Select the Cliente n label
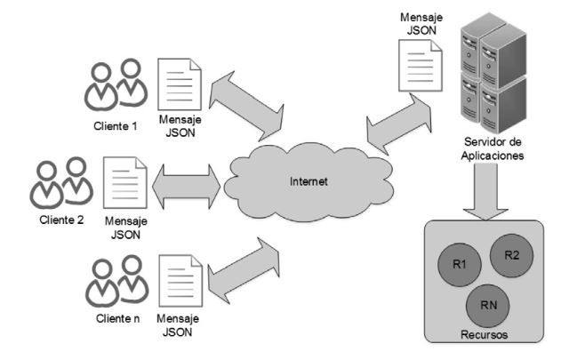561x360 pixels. [x=116, y=318]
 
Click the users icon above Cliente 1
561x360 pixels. [x=115, y=85]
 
